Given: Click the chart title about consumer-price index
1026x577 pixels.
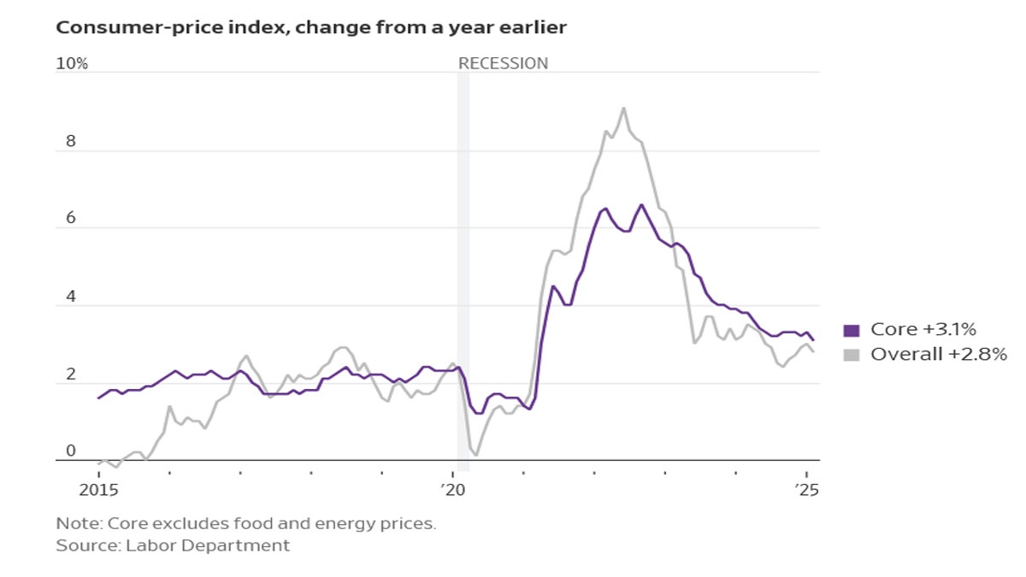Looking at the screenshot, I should [x=311, y=27].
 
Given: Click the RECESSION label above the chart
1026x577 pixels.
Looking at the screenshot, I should [x=503, y=63].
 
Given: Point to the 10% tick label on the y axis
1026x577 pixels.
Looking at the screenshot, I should [x=72, y=64].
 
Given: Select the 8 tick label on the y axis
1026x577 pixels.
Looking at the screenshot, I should [x=72, y=142].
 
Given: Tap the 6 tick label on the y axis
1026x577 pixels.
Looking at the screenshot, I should [x=72, y=219].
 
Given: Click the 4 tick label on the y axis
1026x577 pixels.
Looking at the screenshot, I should [x=72, y=297].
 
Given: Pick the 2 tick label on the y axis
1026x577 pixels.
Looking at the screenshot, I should [x=72, y=374].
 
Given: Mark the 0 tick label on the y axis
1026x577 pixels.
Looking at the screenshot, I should [x=72, y=451].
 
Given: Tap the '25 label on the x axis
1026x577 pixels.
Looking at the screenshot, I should [x=806, y=490].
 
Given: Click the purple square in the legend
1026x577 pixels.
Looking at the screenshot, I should [x=851, y=331].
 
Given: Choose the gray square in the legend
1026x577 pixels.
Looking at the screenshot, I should [x=851, y=354].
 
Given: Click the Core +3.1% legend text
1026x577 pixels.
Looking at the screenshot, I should [x=923, y=330].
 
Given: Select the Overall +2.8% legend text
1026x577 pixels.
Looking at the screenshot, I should [x=938, y=354].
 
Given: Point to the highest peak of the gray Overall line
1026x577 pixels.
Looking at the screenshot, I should [x=623, y=108].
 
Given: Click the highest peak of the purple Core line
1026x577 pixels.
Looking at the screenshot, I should [x=642, y=205].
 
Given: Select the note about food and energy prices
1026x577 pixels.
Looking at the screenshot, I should [x=246, y=523].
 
